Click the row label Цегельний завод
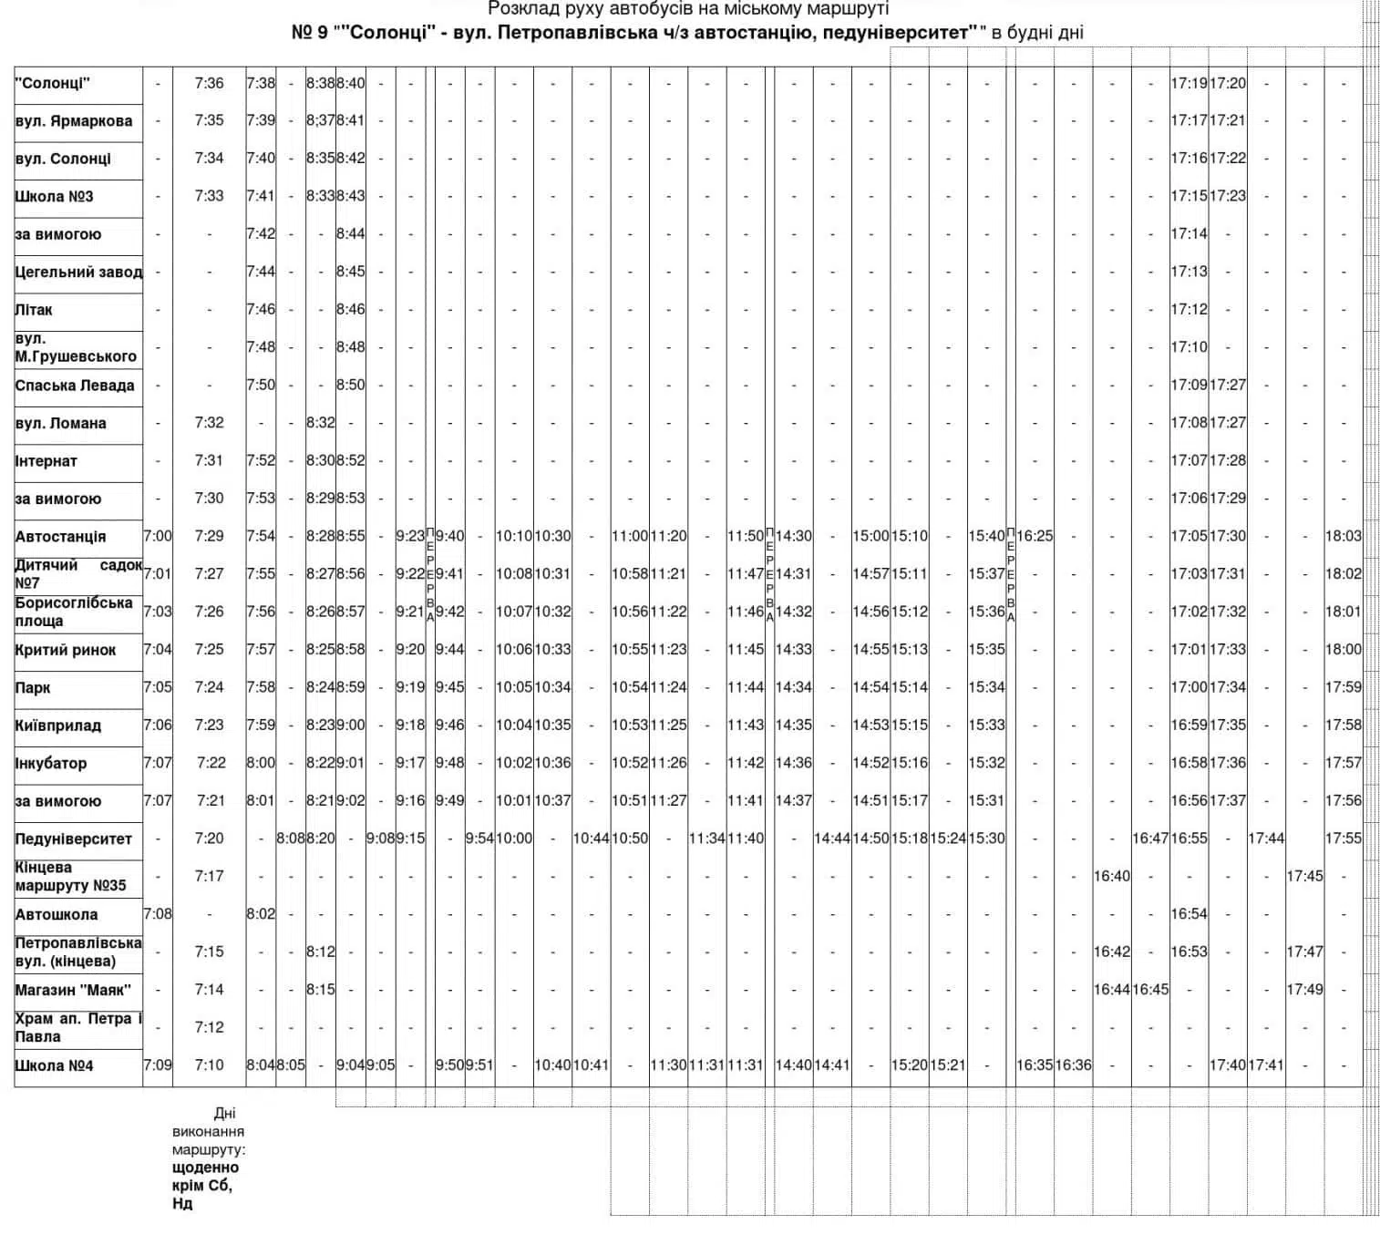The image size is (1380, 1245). [x=78, y=272]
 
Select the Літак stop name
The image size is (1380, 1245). [x=34, y=310]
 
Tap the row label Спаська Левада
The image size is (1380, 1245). [x=75, y=386]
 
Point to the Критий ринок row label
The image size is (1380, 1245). [x=66, y=650]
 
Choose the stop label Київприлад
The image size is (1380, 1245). [x=57, y=726]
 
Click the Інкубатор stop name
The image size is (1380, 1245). [x=51, y=764]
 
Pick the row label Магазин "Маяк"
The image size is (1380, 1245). [x=73, y=990]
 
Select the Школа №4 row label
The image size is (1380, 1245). [x=55, y=1065]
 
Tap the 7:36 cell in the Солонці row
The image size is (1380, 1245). [x=209, y=83]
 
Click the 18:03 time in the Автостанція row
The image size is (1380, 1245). [x=1343, y=536]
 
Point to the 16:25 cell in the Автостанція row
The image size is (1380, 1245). [x=1035, y=536]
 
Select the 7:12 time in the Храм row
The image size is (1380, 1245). [x=209, y=1027]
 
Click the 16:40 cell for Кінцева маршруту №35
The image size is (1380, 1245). [x=1112, y=876]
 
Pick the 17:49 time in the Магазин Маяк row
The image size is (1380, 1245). [x=1304, y=989]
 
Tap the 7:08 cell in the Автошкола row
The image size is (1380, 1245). [x=157, y=913]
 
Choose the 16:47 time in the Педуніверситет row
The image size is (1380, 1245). [x=1150, y=839]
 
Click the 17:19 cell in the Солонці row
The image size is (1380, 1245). [x=1189, y=83]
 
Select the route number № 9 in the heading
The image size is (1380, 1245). [x=310, y=33]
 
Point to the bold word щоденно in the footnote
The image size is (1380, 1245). [x=205, y=1168]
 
